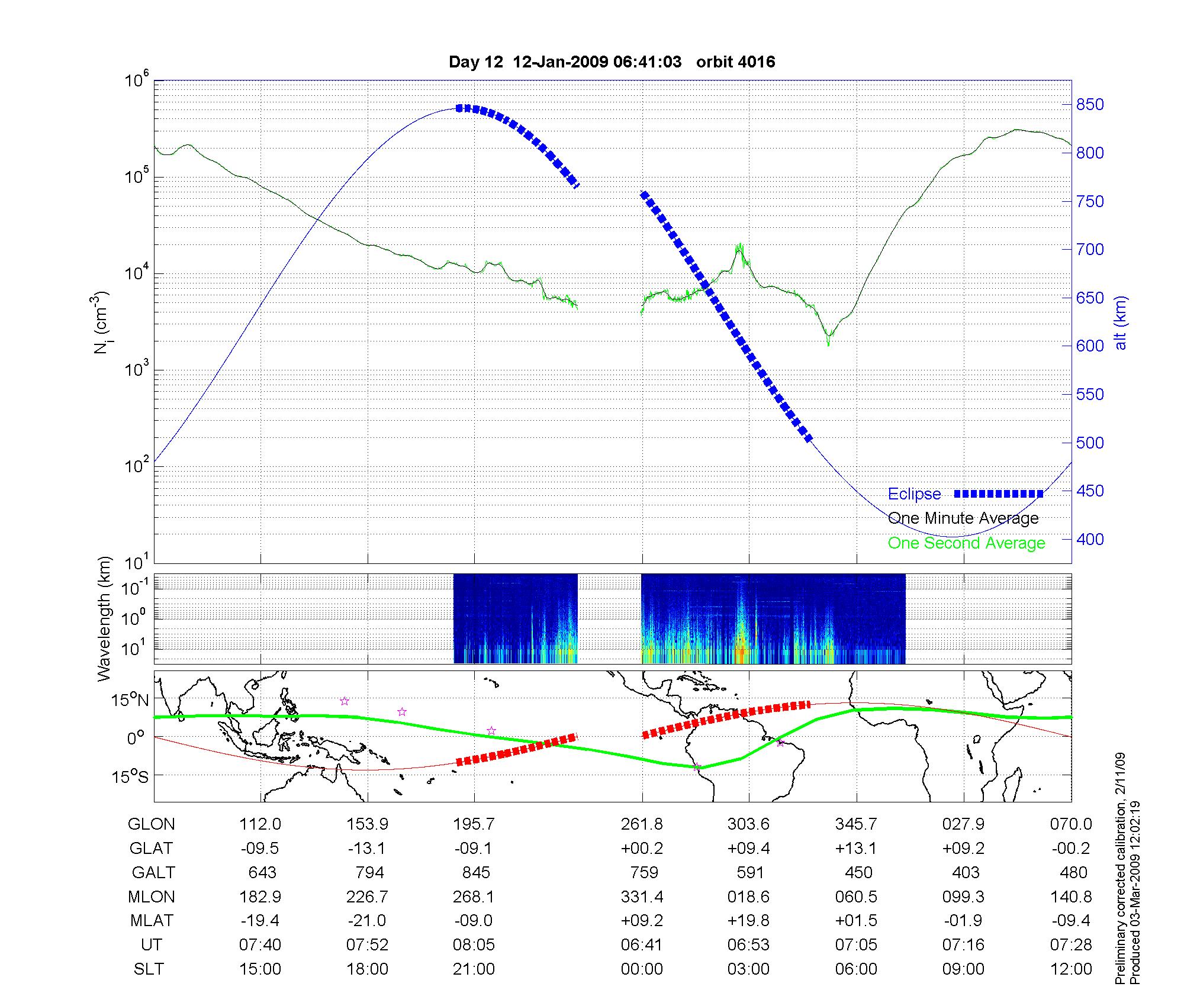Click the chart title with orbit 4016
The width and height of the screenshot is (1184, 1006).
pos(612,62)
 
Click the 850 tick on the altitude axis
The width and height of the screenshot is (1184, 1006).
pos(1090,105)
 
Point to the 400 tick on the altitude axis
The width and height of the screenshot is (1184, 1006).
pos(1090,539)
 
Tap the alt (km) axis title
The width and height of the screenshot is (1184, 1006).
pos(1121,323)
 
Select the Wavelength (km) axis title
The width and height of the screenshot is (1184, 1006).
pos(104,619)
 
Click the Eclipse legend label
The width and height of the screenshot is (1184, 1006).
pos(914,494)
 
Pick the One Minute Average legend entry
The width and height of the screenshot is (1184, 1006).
pos(963,518)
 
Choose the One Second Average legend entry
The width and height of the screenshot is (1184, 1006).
pos(966,543)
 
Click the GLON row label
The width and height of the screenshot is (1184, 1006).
pos(152,824)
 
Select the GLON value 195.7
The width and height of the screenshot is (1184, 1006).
pos(474,824)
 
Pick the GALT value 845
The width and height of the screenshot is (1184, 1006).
pos(476,873)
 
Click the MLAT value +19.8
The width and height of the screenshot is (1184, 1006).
pos(748,921)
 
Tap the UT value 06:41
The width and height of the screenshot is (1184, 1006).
pos(642,945)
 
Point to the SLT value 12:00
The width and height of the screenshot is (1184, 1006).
pos(1071,969)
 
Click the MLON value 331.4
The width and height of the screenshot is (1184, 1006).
pos(642,897)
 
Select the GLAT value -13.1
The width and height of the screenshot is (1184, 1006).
pos(367,849)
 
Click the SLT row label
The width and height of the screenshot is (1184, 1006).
pos(149,969)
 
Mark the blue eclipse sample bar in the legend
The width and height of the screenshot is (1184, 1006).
pos(998,494)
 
